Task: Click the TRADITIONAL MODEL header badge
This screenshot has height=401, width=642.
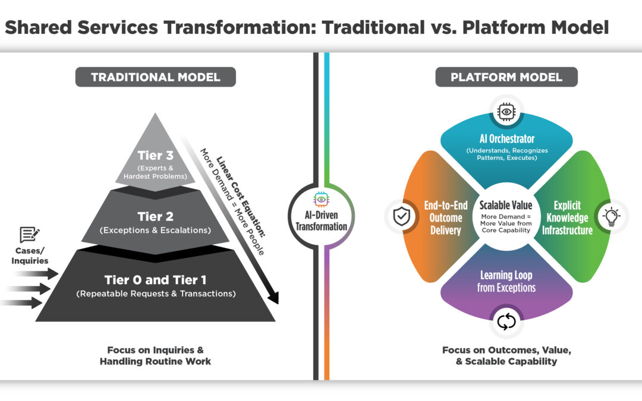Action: point(155,77)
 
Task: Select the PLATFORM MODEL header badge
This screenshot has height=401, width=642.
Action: point(506,77)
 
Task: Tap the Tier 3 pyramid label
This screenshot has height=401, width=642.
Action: point(155,155)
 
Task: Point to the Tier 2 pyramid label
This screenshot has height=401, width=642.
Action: point(155,216)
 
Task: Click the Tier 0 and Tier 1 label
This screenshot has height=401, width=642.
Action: point(155,279)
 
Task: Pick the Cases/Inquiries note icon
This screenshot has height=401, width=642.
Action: point(29,235)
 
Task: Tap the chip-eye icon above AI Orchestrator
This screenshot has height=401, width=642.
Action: point(506,111)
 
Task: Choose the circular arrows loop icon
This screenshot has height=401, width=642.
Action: point(506,321)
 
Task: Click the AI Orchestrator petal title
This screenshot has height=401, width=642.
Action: point(506,139)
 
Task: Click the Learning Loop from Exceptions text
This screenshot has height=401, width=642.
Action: point(506,281)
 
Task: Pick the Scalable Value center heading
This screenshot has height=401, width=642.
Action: point(506,204)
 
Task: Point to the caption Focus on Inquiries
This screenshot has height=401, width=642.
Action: point(155,350)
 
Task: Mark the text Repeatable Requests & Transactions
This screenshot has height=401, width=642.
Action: point(155,293)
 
